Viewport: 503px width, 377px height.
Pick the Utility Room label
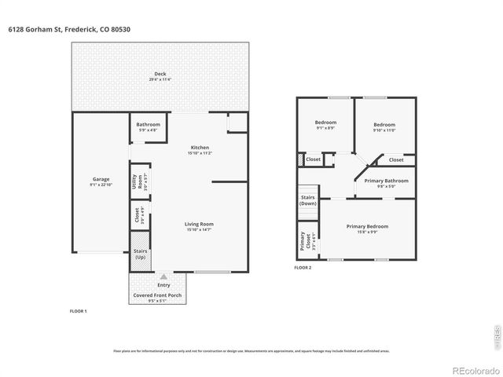[x=135, y=184]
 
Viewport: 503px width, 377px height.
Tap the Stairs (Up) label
[x=140, y=254]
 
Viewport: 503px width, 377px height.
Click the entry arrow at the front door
[x=163, y=276]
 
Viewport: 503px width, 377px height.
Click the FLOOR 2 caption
[x=303, y=268]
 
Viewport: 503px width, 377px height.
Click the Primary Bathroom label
[x=386, y=183]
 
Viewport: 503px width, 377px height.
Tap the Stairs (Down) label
[x=307, y=200]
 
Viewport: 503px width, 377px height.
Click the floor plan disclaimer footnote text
[x=251, y=351]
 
